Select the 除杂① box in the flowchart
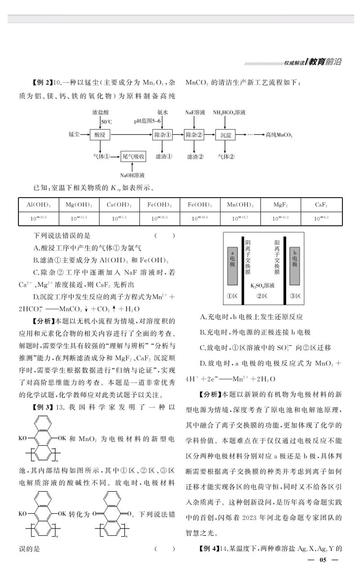coord(162,135)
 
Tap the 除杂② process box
coord(194,135)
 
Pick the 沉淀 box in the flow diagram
coord(225,135)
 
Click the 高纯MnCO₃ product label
coord(279,135)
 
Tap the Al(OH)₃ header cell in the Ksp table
coord(39,205)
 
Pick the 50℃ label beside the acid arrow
coord(106,122)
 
